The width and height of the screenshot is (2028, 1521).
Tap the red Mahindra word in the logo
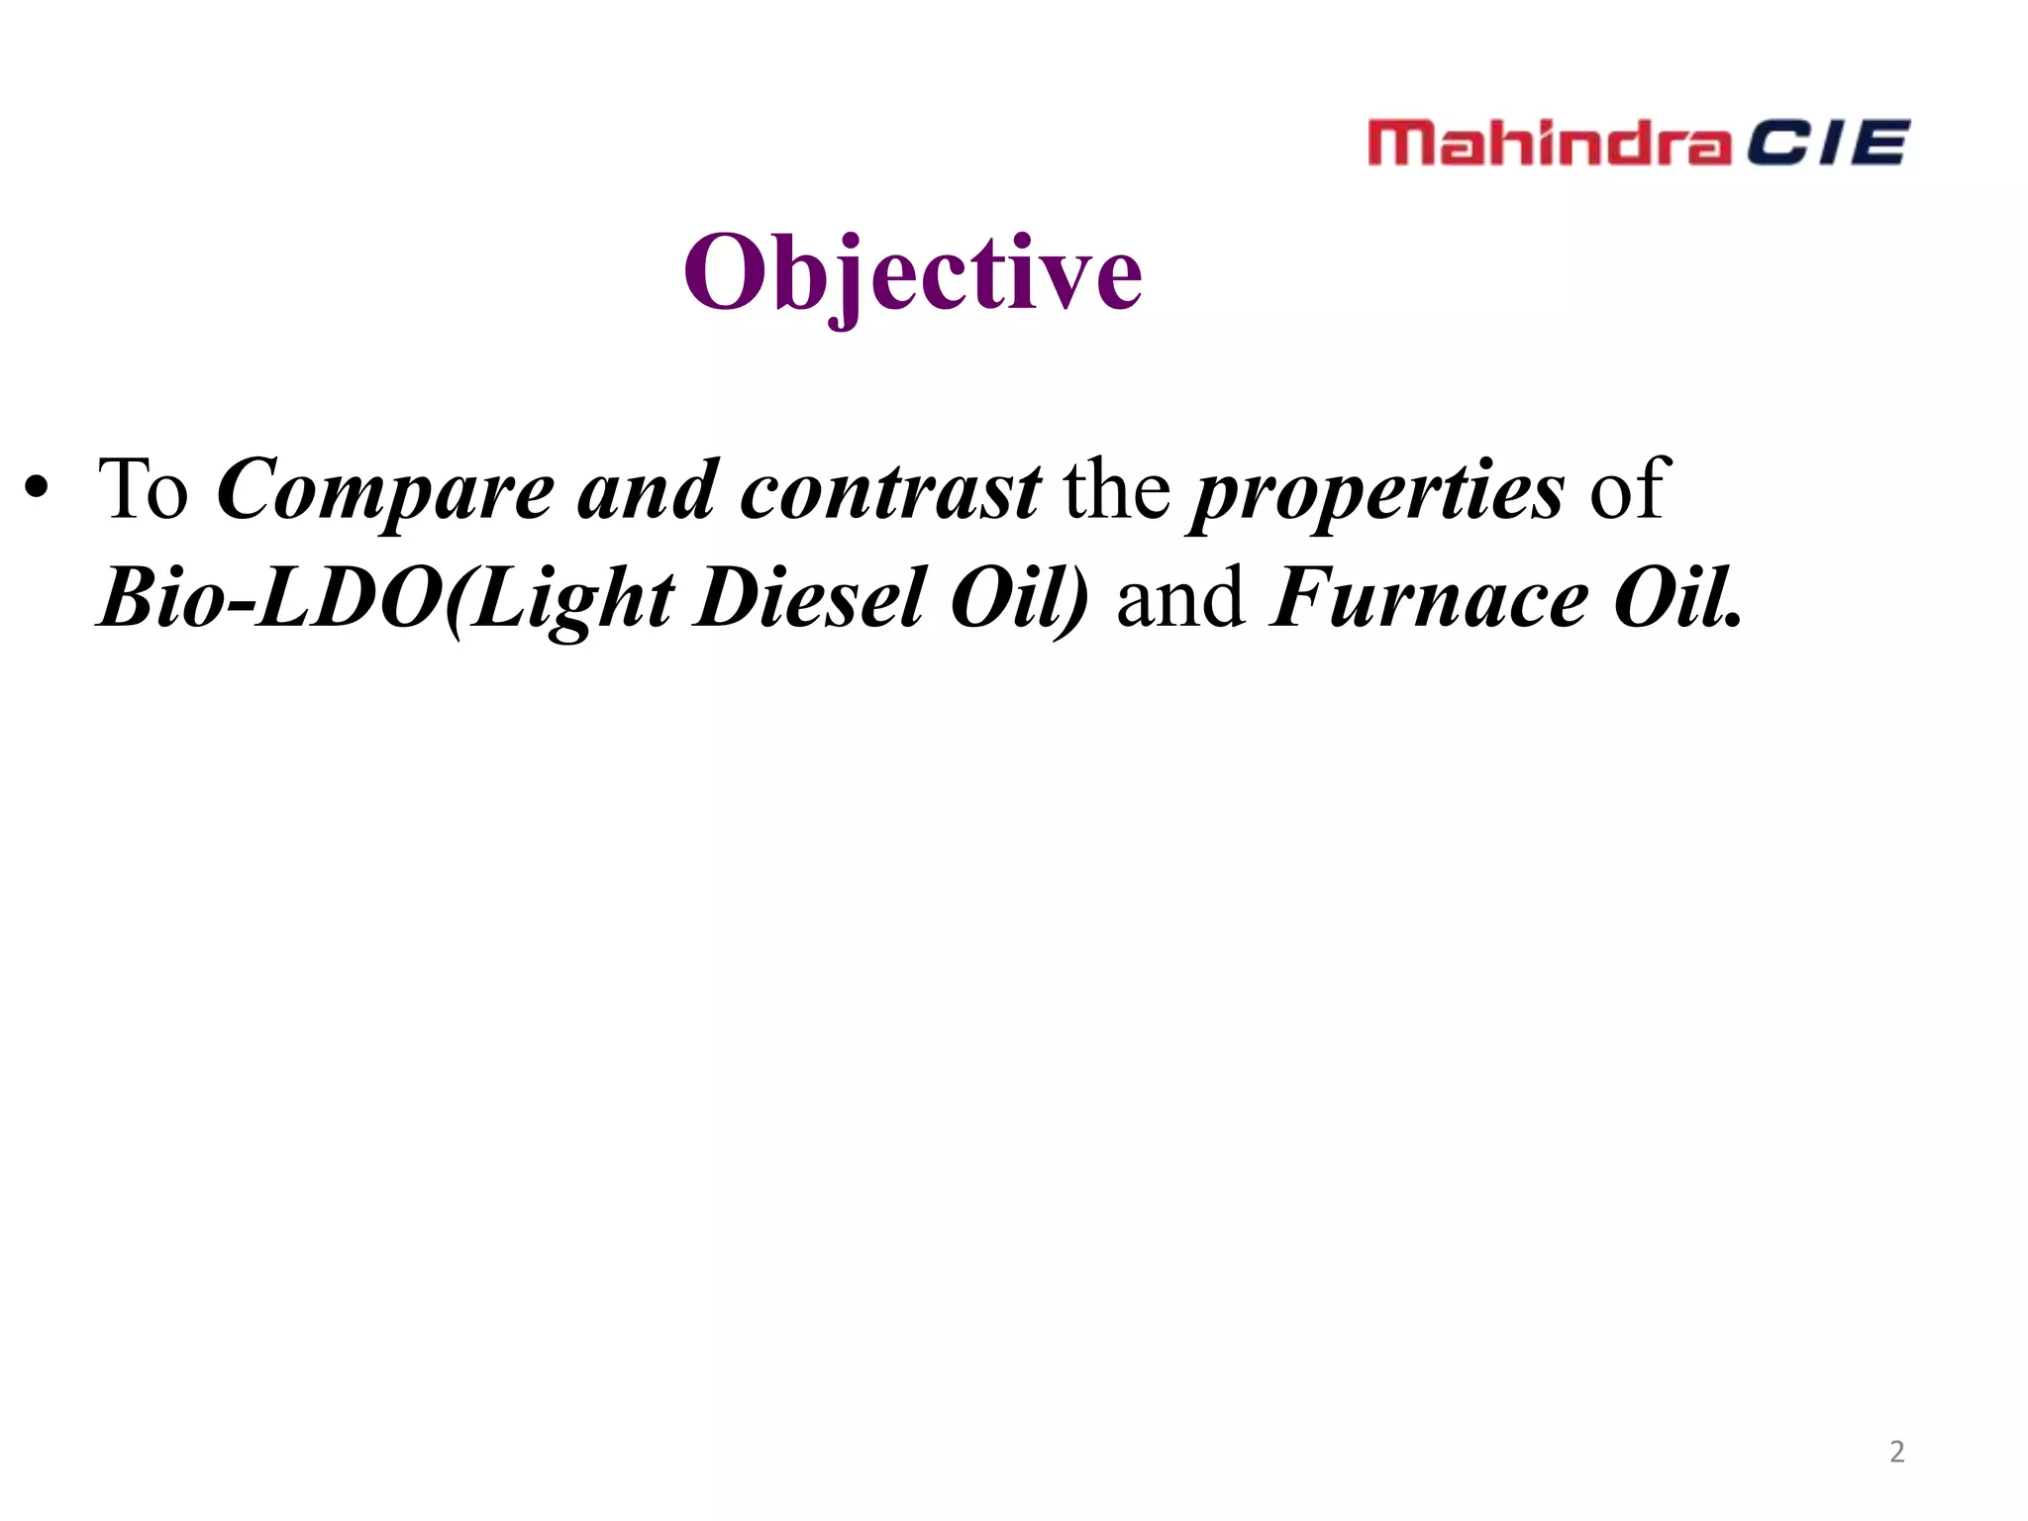tap(1549, 143)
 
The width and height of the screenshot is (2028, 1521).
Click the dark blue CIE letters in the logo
tap(1826, 143)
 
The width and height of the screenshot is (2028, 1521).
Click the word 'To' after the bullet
tap(143, 489)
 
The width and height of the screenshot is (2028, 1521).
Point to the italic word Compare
tap(385, 491)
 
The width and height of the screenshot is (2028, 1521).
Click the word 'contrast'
tap(890, 491)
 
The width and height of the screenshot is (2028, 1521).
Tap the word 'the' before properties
tap(1116, 489)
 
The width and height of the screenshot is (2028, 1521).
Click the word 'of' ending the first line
tap(1629, 489)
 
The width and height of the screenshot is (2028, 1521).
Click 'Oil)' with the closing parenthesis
tap(1019, 598)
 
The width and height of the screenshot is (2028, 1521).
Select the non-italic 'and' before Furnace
tap(1180, 598)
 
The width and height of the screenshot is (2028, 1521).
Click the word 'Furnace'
tap(1429, 598)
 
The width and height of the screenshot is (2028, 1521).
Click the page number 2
tap(1896, 1452)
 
